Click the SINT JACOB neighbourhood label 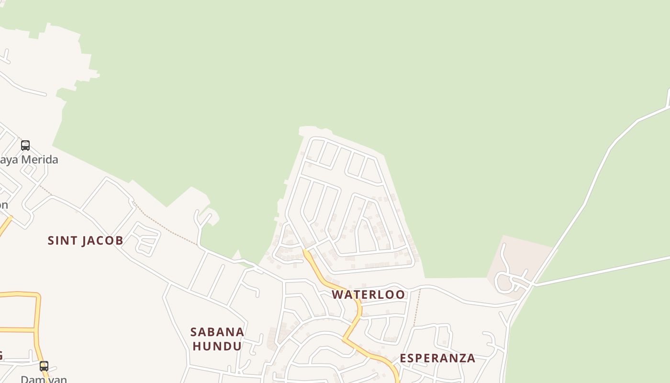pos(85,240)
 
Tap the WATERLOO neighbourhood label pos(368,294)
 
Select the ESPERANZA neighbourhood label pos(437,358)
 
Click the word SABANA pos(217,332)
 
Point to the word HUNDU pos(217,346)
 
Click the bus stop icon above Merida pos(25,145)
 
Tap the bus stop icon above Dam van pos(44,366)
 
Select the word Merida pos(38,160)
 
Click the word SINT pos(63,240)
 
